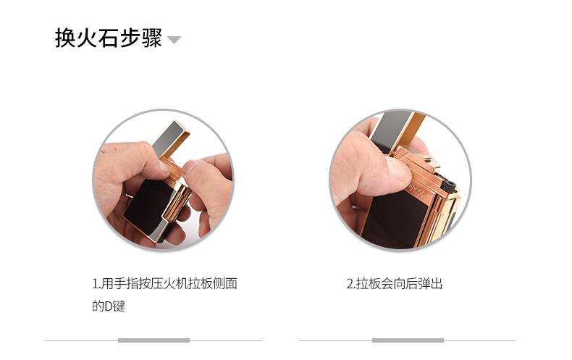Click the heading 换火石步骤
[x=109, y=38]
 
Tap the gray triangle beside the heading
[x=174, y=39]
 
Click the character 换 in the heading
[x=66, y=38]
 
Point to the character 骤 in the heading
[x=152, y=38]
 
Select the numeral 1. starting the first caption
[x=96, y=284]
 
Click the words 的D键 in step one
[x=109, y=306]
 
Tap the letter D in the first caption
[x=109, y=306]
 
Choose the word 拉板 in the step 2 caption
[x=369, y=284]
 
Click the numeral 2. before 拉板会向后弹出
[x=351, y=284]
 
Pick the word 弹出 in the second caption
[x=431, y=284]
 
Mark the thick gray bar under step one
[x=153, y=340]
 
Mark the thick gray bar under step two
[x=408, y=340]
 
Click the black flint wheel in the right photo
[x=448, y=185]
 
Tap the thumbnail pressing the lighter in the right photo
[x=398, y=172]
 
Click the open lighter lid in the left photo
[x=171, y=139]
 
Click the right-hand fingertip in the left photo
[x=193, y=169]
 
